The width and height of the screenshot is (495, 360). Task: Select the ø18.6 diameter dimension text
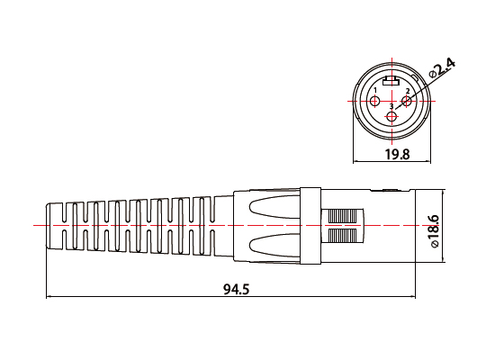[x=435, y=230]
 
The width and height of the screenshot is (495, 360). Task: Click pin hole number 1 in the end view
[x=376, y=100]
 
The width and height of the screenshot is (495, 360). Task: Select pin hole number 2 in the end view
[x=406, y=100]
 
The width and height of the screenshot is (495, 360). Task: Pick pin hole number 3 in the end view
[x=391, y=117]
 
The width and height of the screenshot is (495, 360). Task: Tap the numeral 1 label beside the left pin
[x=374, y=90]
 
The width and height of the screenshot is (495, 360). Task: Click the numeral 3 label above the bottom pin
[x=391, y=107]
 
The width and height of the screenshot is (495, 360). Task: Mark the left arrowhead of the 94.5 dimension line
[x=49, y=296]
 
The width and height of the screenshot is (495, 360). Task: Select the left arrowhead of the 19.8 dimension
[x=355, y=162]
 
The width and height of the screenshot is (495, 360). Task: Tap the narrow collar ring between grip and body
[x=310, y=225]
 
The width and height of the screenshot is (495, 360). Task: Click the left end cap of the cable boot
[x=56, y=225]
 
